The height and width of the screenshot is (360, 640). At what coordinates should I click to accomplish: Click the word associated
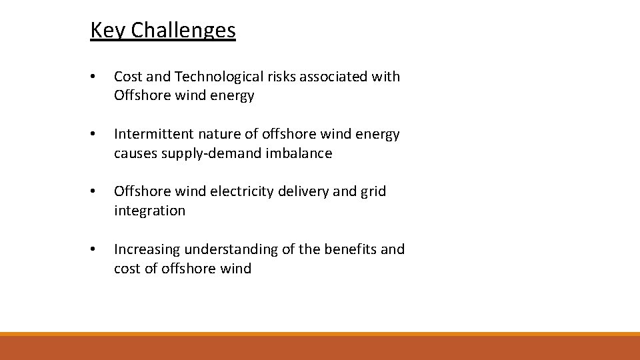click(334, 77)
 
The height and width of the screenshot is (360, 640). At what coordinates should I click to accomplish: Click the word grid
click(373, 191)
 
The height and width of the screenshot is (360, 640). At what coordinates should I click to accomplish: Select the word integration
click(150, 211)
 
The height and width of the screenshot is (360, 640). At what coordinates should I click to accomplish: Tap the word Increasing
click(147, 249)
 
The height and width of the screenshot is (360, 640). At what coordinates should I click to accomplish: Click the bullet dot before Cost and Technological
click(94, 77)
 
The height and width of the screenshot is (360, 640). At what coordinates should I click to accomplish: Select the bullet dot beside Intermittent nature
click(94, 135)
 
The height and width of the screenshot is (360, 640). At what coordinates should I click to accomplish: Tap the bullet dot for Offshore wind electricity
click(94, 192)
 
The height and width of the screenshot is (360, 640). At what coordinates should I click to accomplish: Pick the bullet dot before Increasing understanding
click(94, 250)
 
